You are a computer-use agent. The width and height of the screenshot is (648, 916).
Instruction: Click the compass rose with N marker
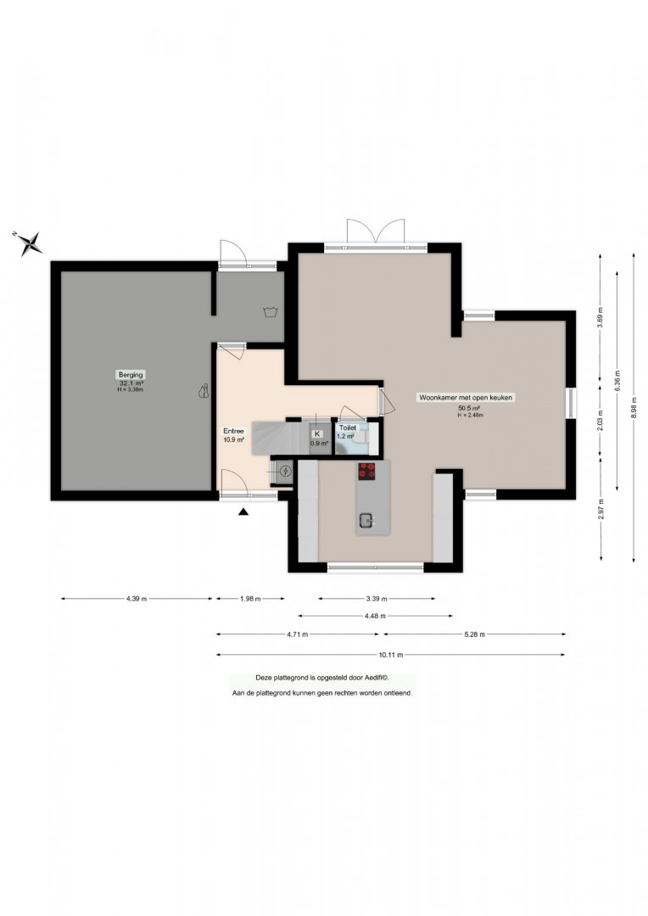point(29,243)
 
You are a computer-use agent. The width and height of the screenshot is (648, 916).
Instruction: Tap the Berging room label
point(131,375)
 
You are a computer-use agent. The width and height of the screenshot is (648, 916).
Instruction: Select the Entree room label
point(233,431)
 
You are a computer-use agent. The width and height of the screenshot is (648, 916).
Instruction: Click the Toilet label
point(348,427)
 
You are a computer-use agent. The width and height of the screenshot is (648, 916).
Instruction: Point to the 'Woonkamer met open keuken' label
point(466,397)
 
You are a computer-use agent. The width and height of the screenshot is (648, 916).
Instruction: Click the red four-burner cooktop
point(367,471)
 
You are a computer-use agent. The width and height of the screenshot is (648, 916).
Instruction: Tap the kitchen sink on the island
point(367,520)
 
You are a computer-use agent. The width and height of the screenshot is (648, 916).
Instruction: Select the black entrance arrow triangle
point(243,512)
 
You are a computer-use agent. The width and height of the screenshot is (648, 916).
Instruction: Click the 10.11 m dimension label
point(392,655)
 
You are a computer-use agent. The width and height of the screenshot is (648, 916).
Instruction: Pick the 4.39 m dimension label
point(137,599)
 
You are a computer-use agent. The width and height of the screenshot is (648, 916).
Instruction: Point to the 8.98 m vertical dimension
point(634,408)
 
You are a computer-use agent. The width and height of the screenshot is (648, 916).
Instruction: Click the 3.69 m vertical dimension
point(601,317)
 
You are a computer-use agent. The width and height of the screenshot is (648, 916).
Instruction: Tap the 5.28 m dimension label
point(474,634)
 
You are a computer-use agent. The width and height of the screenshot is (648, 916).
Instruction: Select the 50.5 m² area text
point(469,408)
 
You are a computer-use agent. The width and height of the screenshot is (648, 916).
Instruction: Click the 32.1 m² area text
point(131,383)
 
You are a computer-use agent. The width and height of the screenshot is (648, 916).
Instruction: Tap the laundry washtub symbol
point(271,311)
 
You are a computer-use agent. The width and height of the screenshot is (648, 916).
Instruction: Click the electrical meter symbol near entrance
point(286,471)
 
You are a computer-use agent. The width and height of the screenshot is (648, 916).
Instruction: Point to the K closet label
point(317,434)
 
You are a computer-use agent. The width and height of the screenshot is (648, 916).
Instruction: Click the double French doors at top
point(376,232)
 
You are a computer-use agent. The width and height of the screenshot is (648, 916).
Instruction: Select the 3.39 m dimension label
point(377,599)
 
